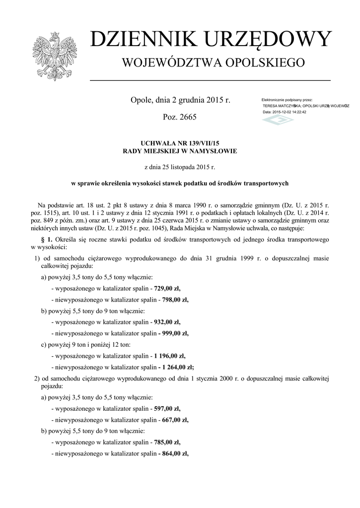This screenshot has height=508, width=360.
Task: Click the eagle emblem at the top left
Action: [51, 56]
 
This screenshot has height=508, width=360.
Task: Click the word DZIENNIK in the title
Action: [139, 40]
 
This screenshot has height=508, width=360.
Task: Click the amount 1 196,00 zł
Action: [170, 356]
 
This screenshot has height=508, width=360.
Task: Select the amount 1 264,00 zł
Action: [178, 368]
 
